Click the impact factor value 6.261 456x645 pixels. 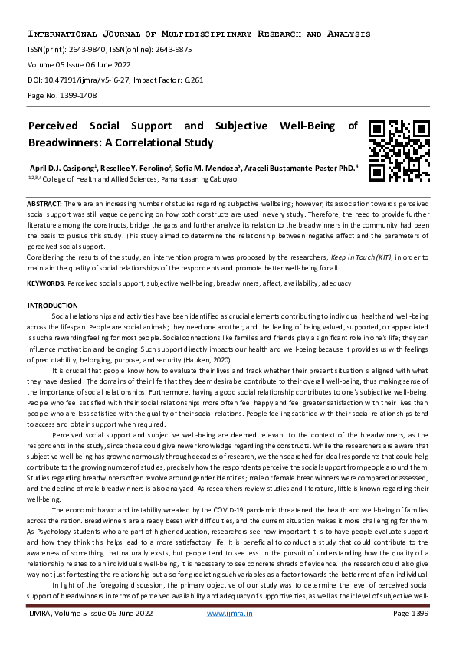[x=190, y=78]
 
